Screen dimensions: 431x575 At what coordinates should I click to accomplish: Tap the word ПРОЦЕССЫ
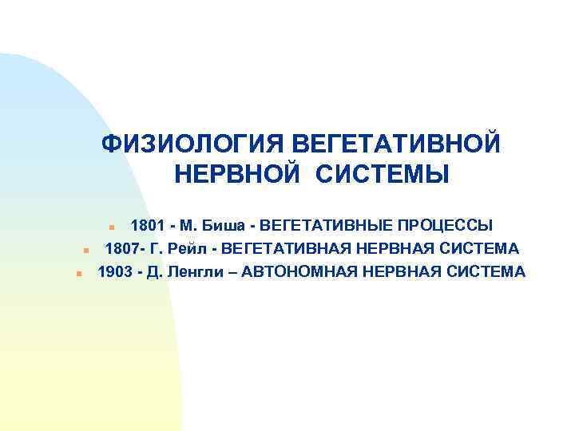tap(444, 225)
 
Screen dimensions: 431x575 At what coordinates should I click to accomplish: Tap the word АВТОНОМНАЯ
tap(300, 272)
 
